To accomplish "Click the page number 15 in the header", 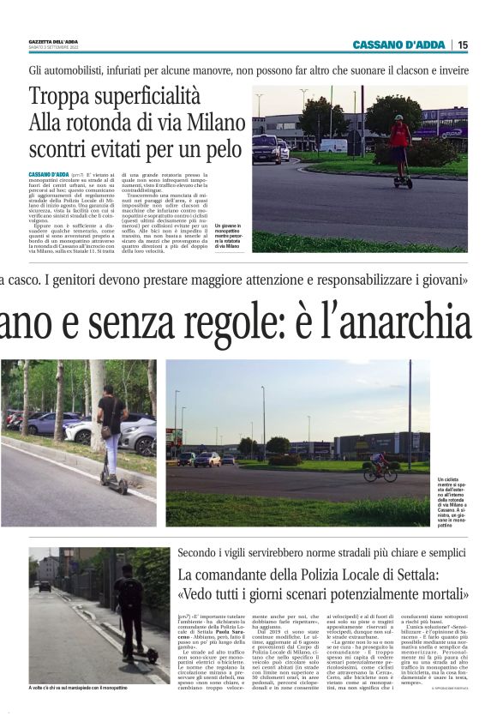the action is pos(463,45).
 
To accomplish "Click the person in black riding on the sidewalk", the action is pos(129,606).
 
